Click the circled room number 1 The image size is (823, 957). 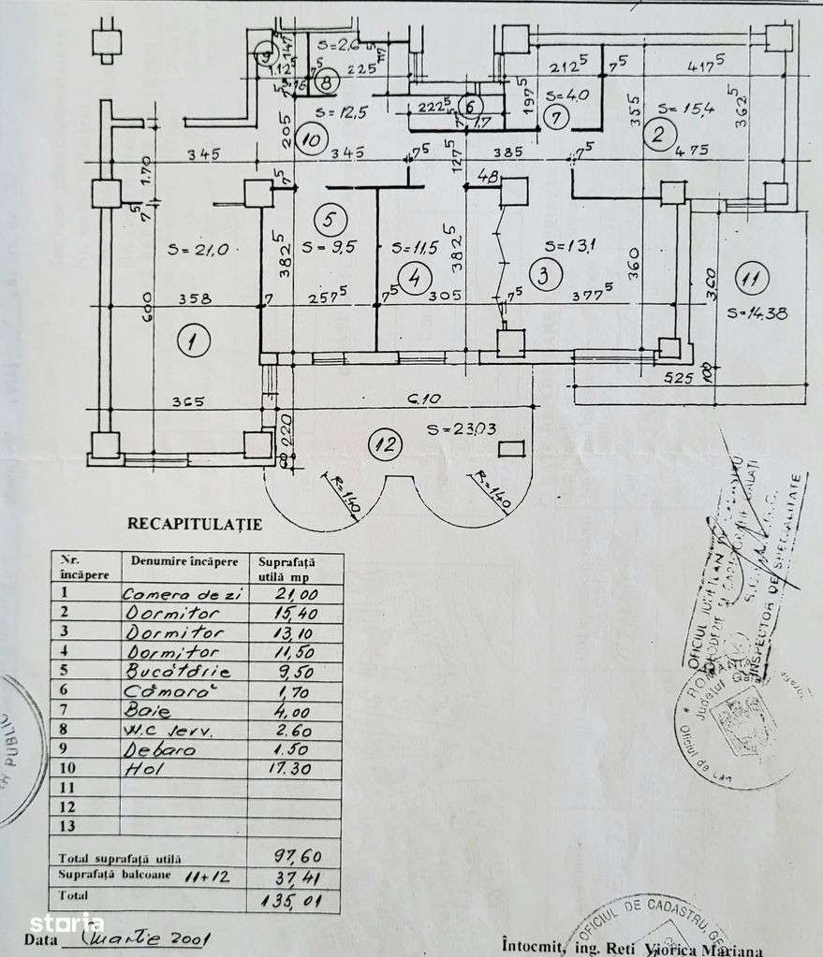pos(192,342)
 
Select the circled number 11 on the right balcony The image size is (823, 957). pos(751,278)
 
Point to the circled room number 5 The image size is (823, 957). pos(331,219)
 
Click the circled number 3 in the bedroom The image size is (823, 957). pos(542,275)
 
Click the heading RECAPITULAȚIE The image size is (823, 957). pos(195,525)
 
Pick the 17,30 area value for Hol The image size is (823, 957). pos(292,770)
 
